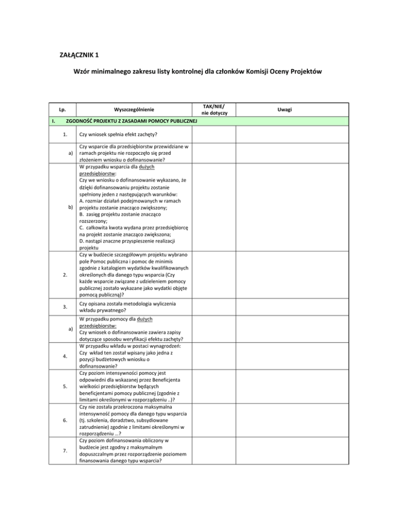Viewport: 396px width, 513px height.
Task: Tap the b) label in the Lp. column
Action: pyautogui.click(x=71, y=207)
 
